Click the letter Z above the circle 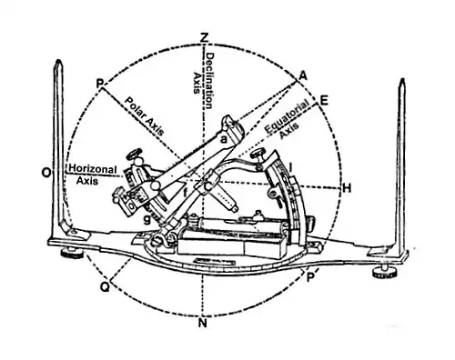pyautogui.click(x=205, y=38)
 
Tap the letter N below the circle pyautogui.click(x=203, y=323)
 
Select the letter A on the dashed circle pyautogui.click(x=302, y=75)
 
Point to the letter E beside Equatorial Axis pyautogui.click(x=324, y=101)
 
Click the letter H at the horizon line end pyautogui.click(x=347, y=188)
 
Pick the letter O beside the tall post pyautogui.click(x=46, y=173)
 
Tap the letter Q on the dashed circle pyautogui.click(x=105, y=287)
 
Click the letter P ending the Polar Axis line pyautogui.click(x=100, y=83)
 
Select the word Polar pyautogui.click(x=134, y=107)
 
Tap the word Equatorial pyautogui.click(x=287, y=116)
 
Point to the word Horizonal pyautogui.click(x=93, y=169)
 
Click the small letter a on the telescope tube pyautogui.click(x=224, y=140)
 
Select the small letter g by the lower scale pyautogui.click(x=147, y=219)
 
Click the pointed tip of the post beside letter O pyautogui.click(x=58, y=60)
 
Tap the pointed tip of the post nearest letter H pyautogui.click(x=402, y=79)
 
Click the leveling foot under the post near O pyautogui.click(x=72, y=254)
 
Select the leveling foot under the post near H pyautogui.click(x=384, y=273)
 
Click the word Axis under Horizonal pyautogui.click(x=87, y=181)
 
